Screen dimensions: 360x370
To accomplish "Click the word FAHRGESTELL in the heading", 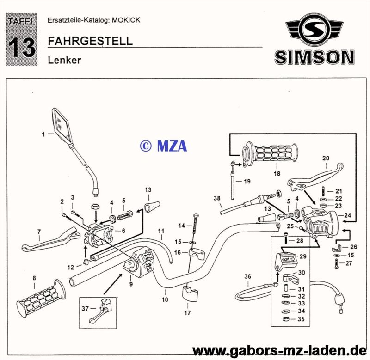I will coord(90,41).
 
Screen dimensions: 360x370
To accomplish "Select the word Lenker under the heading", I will coord(64,60).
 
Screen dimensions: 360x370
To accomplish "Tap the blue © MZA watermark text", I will coord(163,146).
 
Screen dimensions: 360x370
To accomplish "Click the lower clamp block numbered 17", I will coord(188,294).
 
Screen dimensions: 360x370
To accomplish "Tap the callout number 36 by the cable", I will coord(247,276).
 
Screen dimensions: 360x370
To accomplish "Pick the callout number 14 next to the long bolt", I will coord(182,226).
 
